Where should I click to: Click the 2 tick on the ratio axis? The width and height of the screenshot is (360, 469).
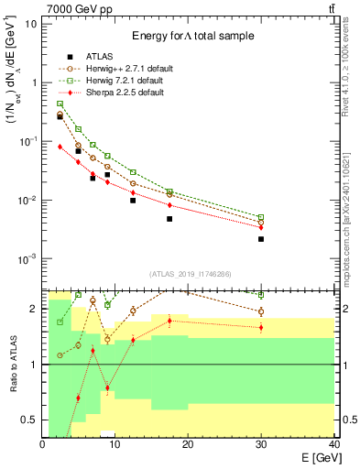[x=35, y=309]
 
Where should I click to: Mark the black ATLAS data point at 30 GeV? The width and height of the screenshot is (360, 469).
[x=261, y=239]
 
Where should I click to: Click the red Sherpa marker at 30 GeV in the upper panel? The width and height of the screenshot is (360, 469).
[x=261, y=227]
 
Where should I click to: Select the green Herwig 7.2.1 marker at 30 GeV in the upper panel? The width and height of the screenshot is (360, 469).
[x=261, y=217]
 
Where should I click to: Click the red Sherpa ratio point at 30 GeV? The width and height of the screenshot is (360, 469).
[x=261, y=327]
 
